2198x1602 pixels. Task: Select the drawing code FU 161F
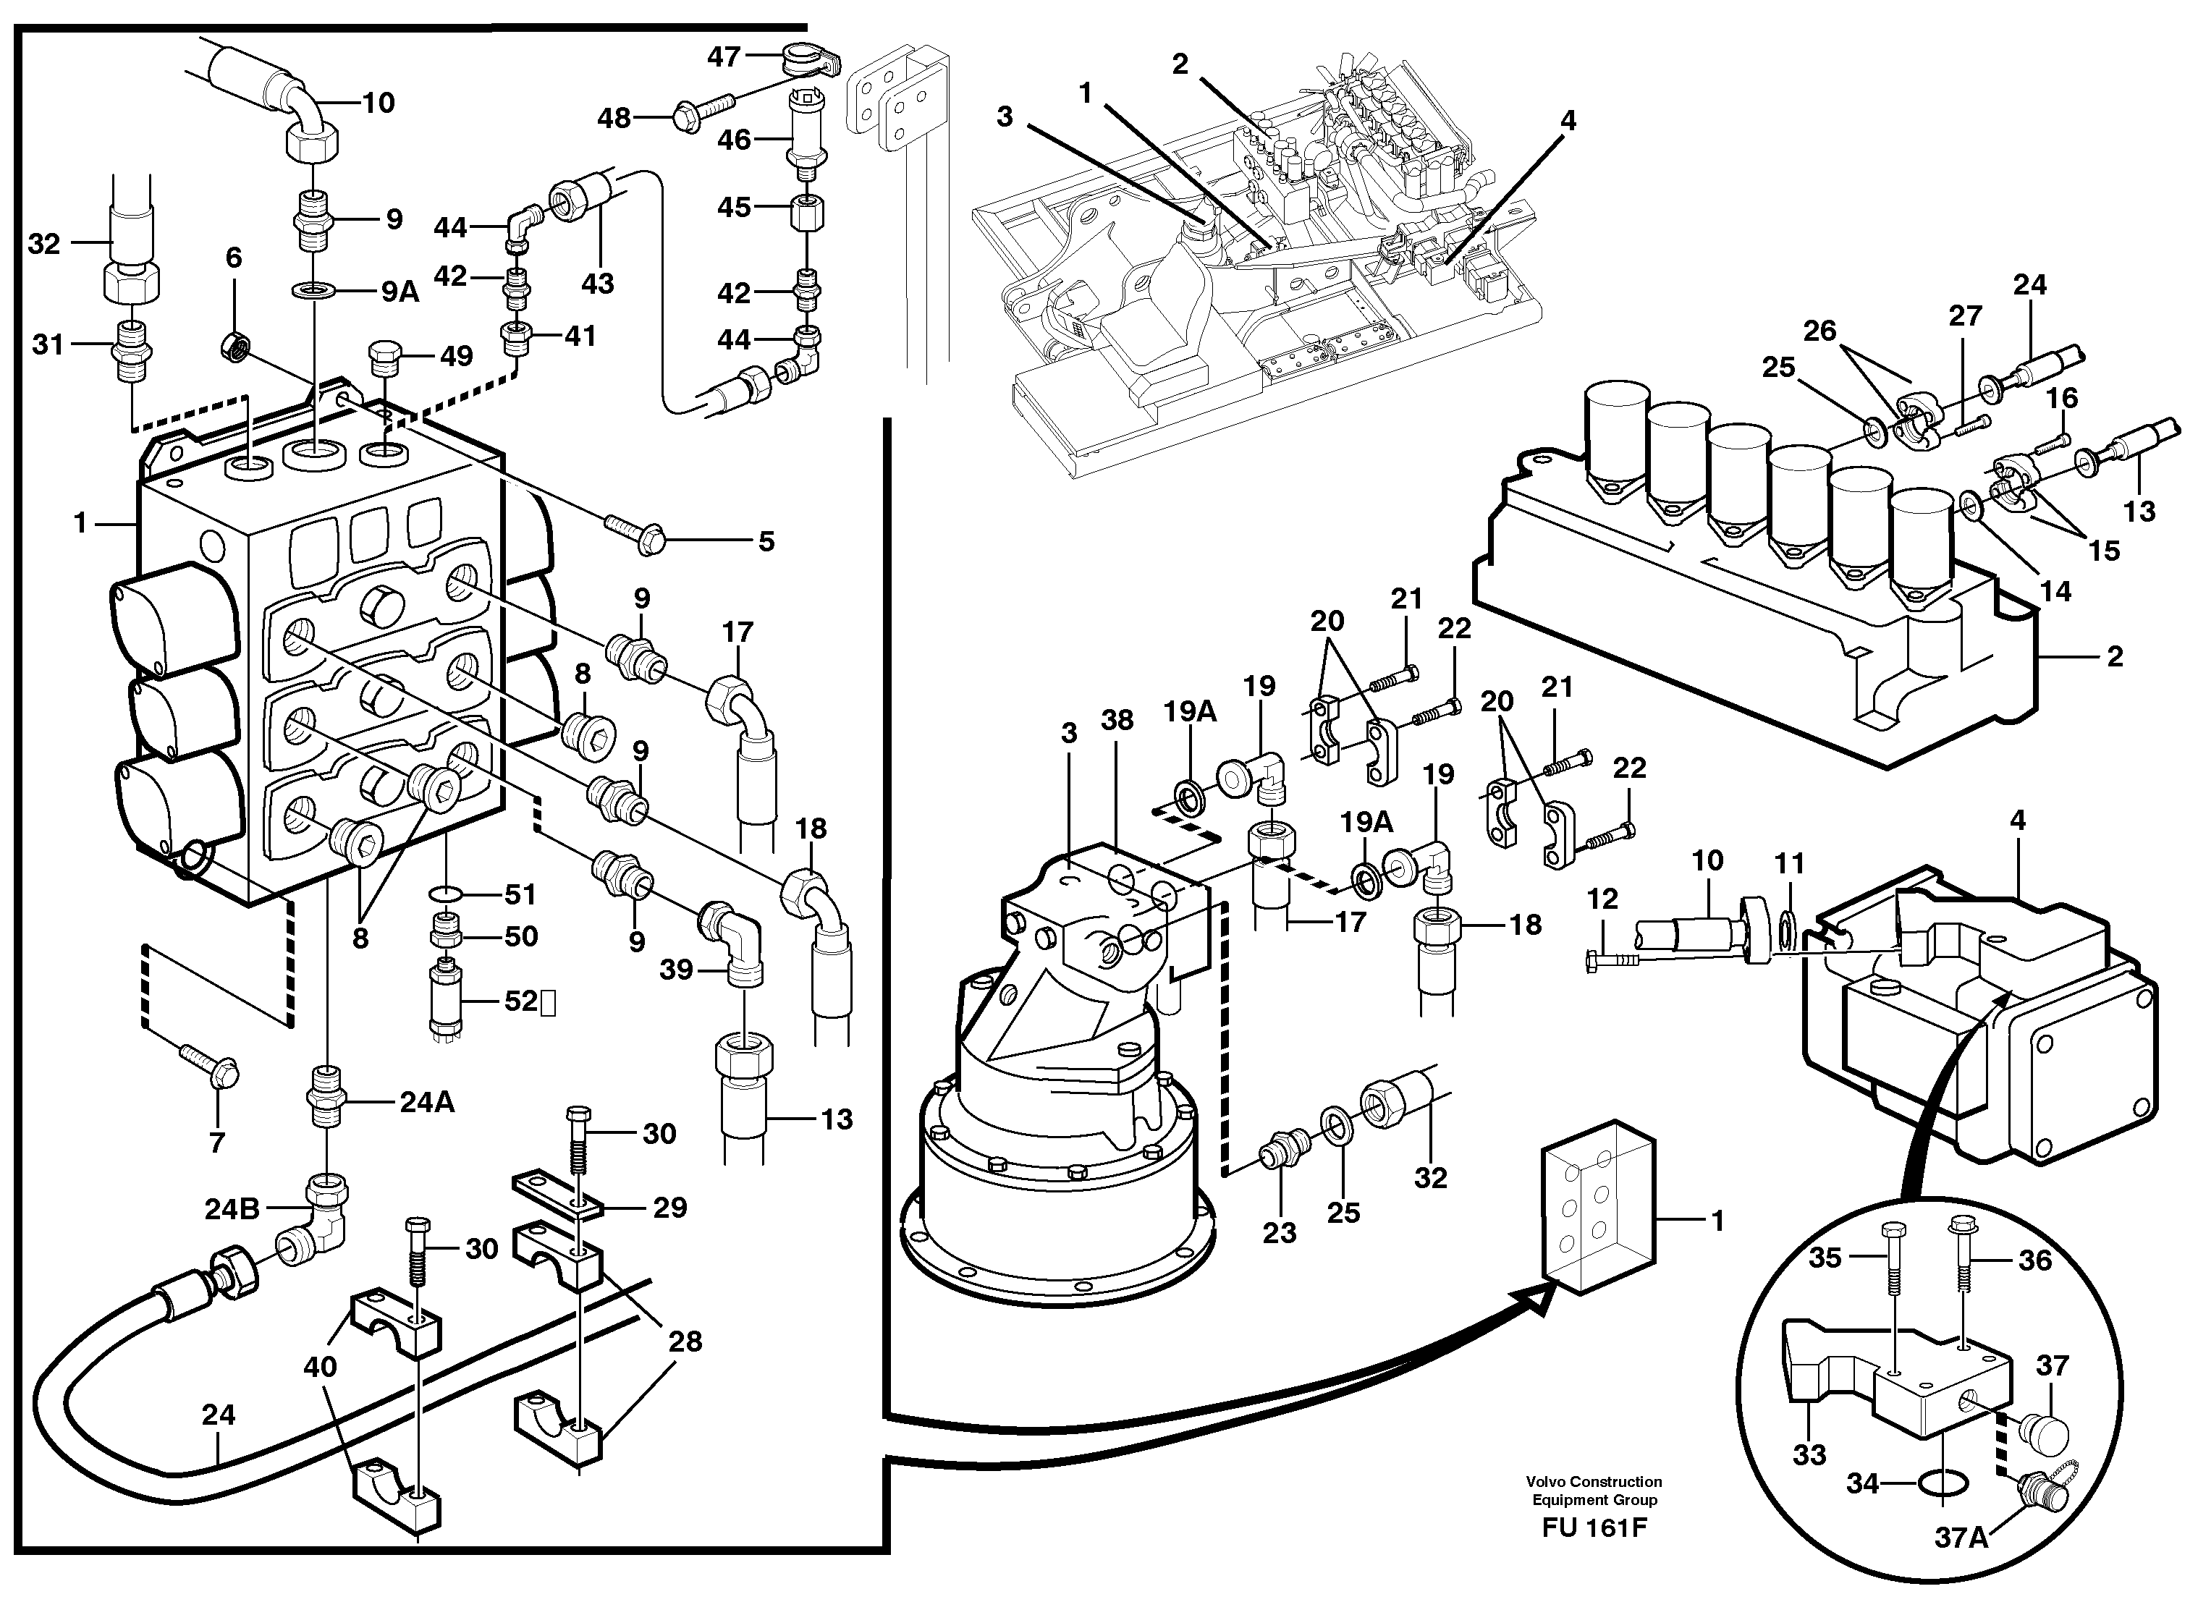click(x=1594, y=1528)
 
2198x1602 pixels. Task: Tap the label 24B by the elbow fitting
click(x=232, y=1208)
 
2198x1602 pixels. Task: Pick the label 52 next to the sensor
click(x=521, y=1001)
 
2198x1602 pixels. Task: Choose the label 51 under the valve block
click(x=520, y=894)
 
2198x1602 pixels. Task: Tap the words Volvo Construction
click(x=1594, y=1482)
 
